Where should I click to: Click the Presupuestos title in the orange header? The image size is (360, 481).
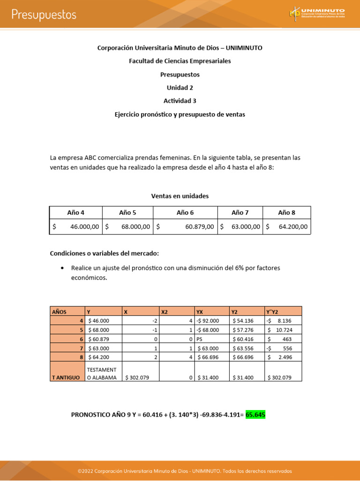pos(44,15)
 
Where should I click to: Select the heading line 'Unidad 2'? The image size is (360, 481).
pos(180,87)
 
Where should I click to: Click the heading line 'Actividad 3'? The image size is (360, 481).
pos(180,101)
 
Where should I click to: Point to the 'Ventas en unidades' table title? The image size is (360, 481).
pos(180,196)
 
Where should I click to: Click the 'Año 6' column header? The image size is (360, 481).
pos(185,212)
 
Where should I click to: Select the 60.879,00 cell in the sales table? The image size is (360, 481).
pos(185,226)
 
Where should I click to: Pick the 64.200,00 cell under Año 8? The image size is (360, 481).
pos(286,226)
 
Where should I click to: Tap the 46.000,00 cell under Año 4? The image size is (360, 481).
pos(76,226)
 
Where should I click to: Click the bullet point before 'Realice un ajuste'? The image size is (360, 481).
pos(62,268)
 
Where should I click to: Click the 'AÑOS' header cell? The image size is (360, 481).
pos(67,311)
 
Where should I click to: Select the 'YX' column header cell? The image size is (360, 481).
pos(212,311)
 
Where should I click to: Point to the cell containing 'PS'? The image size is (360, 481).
pos(212,339)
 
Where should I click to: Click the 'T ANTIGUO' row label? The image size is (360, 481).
pos(67,377)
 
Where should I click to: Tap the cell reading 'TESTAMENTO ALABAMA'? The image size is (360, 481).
pos(103,373)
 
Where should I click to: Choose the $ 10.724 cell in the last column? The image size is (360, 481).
pos(283,330)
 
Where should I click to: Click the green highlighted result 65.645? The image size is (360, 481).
pos(255,415)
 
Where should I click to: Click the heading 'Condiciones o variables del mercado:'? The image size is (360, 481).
pos(105,253)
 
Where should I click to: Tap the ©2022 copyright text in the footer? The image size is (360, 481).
pos(185,471)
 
